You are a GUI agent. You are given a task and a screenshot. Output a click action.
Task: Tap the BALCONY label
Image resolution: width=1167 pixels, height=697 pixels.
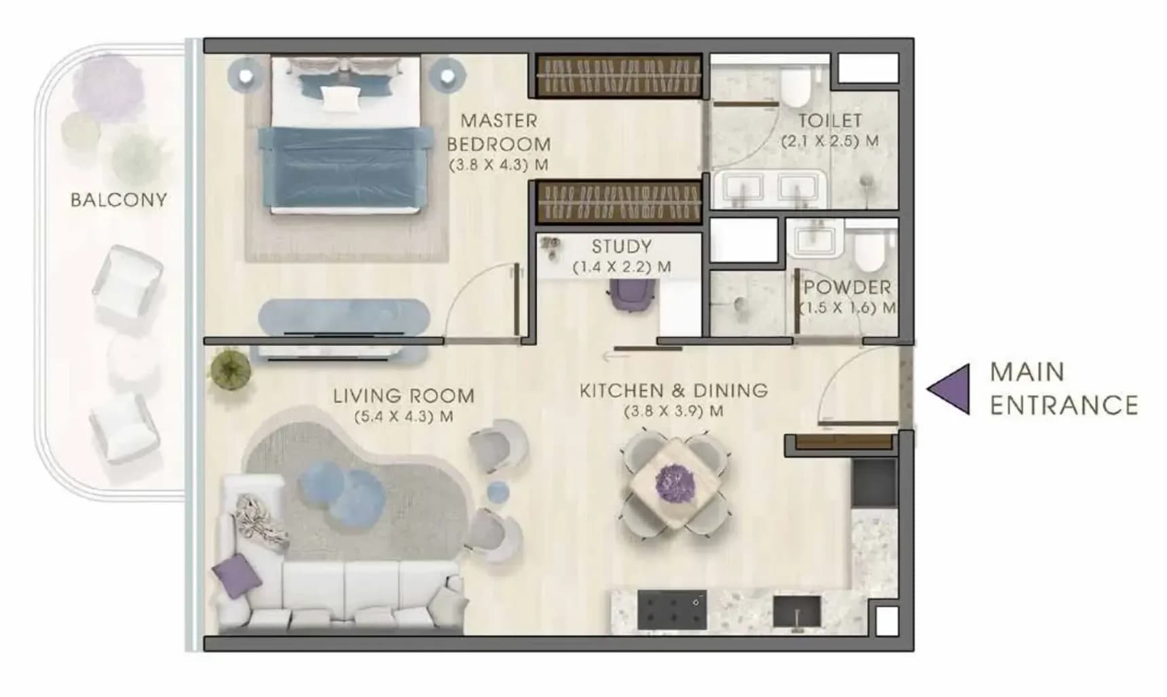click(119, 200)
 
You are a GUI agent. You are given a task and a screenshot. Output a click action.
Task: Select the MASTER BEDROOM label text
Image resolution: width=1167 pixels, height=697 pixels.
click(498, 132)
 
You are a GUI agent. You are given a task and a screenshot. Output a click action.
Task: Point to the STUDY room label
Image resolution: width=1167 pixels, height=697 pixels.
click(621, 246)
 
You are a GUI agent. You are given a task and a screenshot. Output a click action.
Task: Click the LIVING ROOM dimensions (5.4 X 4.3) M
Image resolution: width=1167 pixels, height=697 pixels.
click(403, 416)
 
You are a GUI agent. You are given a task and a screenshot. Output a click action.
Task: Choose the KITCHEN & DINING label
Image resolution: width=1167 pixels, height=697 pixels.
click(673, 391)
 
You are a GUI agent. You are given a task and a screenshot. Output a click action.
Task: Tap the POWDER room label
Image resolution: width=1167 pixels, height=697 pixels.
click(847, 287)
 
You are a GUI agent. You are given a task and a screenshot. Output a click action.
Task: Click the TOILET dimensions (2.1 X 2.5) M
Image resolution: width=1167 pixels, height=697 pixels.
click(830, 141)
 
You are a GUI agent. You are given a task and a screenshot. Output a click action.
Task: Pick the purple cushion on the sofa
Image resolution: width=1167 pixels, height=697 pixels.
click(237, 576)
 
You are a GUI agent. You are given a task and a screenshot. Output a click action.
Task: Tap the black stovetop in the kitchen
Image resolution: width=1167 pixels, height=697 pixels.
click(672, 609)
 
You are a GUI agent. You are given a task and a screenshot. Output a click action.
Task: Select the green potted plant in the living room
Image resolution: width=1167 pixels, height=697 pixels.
click(231, 370)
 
